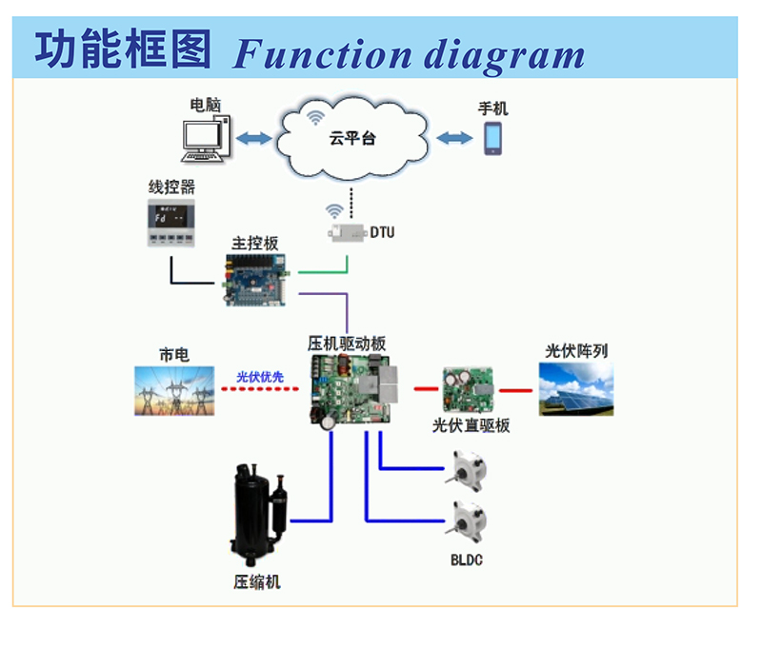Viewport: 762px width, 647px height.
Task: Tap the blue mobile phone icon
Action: click(x=492, y=138)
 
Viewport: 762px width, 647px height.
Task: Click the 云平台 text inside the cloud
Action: click(x=352, y=139)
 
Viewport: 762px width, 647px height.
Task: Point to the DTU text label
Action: click(x=382, y=232)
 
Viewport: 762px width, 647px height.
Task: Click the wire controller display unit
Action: click(x=171, y=224)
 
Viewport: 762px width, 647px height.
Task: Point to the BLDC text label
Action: click(x=467, y=560)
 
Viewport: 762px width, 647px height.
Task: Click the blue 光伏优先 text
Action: click(x=259, y=377)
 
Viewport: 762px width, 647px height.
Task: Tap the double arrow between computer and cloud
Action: click(x=253, y=139)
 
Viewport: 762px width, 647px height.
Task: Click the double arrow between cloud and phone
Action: click(x=454, y=139)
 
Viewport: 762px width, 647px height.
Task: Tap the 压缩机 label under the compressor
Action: click(x=257, y=581)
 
